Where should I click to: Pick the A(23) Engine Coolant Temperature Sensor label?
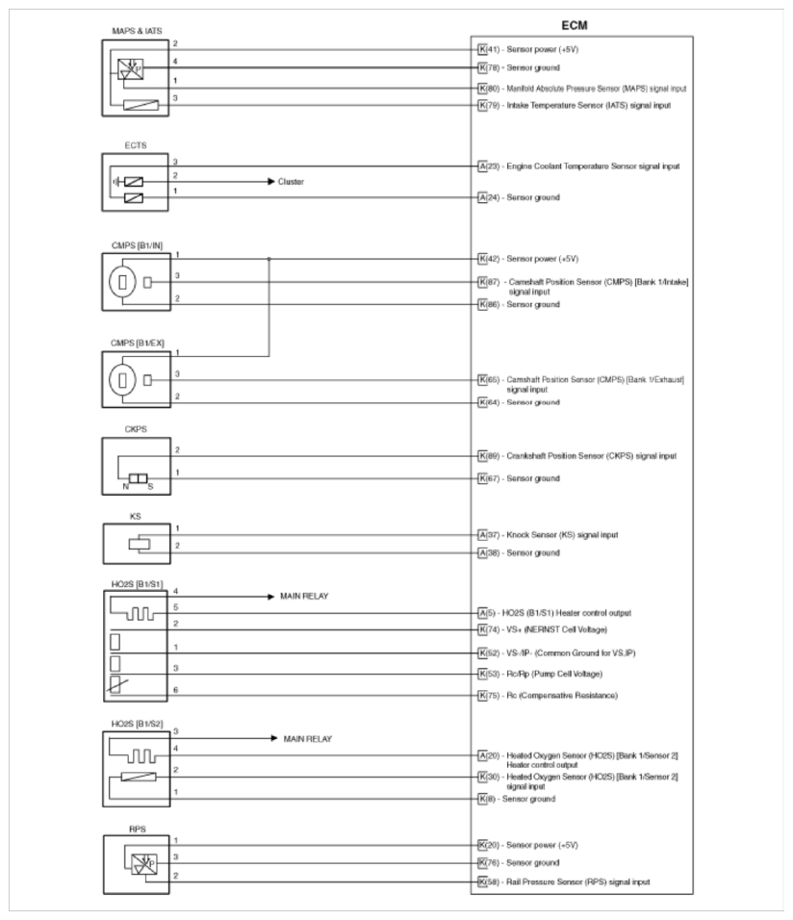(x=579, y=166)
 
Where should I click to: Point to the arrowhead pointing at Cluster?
(x=269, y=182)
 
